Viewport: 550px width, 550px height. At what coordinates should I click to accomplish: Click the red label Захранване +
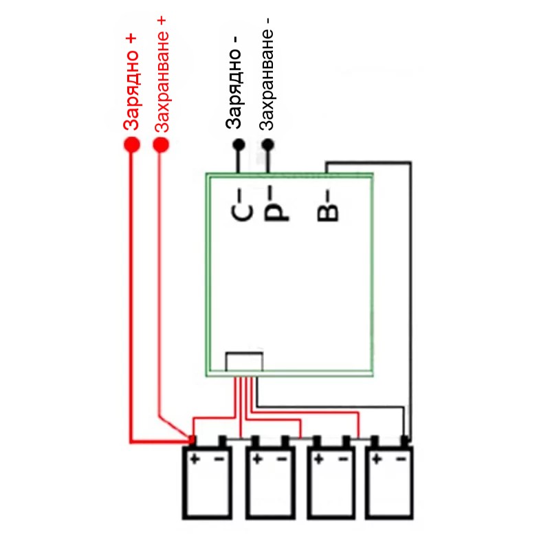point(162,72)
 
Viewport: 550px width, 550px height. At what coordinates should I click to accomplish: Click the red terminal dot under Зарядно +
point(131,145)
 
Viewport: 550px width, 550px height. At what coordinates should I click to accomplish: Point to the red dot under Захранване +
point(161,145)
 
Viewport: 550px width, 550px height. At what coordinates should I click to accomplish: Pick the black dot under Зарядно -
point(239,145)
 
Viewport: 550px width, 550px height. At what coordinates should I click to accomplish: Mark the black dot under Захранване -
point(268,145)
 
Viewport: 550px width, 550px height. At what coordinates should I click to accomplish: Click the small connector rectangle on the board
point(244,363)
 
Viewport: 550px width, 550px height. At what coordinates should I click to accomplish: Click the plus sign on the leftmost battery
point(195,458)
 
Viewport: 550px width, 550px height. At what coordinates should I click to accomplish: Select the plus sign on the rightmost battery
point(377,458)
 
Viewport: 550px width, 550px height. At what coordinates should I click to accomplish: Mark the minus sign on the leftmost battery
point(219,458)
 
